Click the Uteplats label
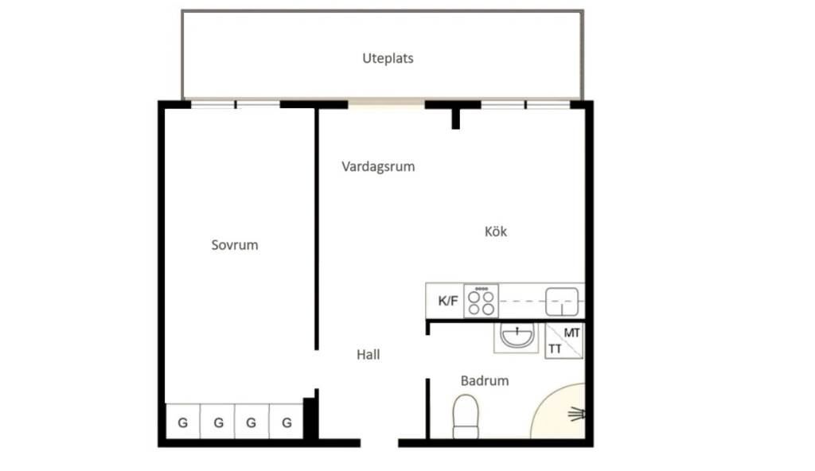388,58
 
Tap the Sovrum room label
235,245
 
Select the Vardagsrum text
378,167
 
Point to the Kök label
495,232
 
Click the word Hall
368,355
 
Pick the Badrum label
485,380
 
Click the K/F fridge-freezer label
448,301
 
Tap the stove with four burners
481,301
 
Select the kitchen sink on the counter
562,302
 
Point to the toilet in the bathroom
466,416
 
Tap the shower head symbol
576,415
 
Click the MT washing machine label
571,333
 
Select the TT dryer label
555,348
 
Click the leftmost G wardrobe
183,422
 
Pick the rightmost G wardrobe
287,422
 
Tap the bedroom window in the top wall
236,104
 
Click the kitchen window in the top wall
525,104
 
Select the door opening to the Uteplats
386,103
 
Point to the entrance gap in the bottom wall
380,443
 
